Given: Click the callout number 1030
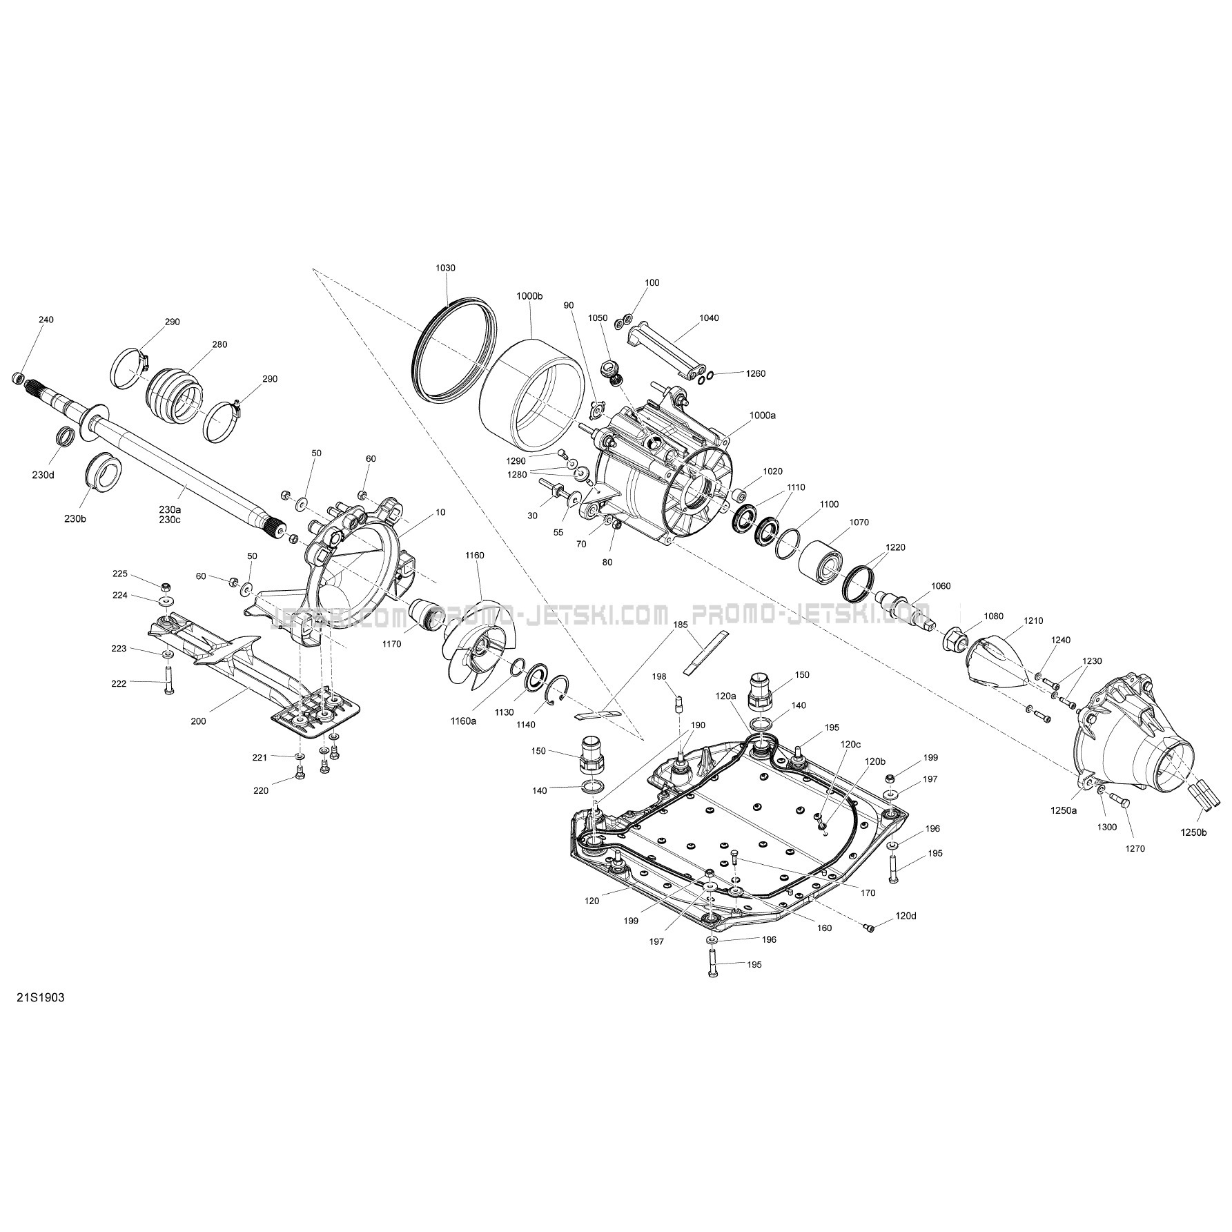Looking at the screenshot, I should coord(445,268).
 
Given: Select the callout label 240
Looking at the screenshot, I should coord(46,320).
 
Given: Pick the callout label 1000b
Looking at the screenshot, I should coord(529,295).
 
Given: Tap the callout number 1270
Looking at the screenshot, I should coord(1134,849).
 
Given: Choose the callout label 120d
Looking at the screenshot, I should coord(906,915).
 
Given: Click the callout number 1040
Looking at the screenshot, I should coord(709,318).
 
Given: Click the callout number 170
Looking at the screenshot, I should coord(868,893).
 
